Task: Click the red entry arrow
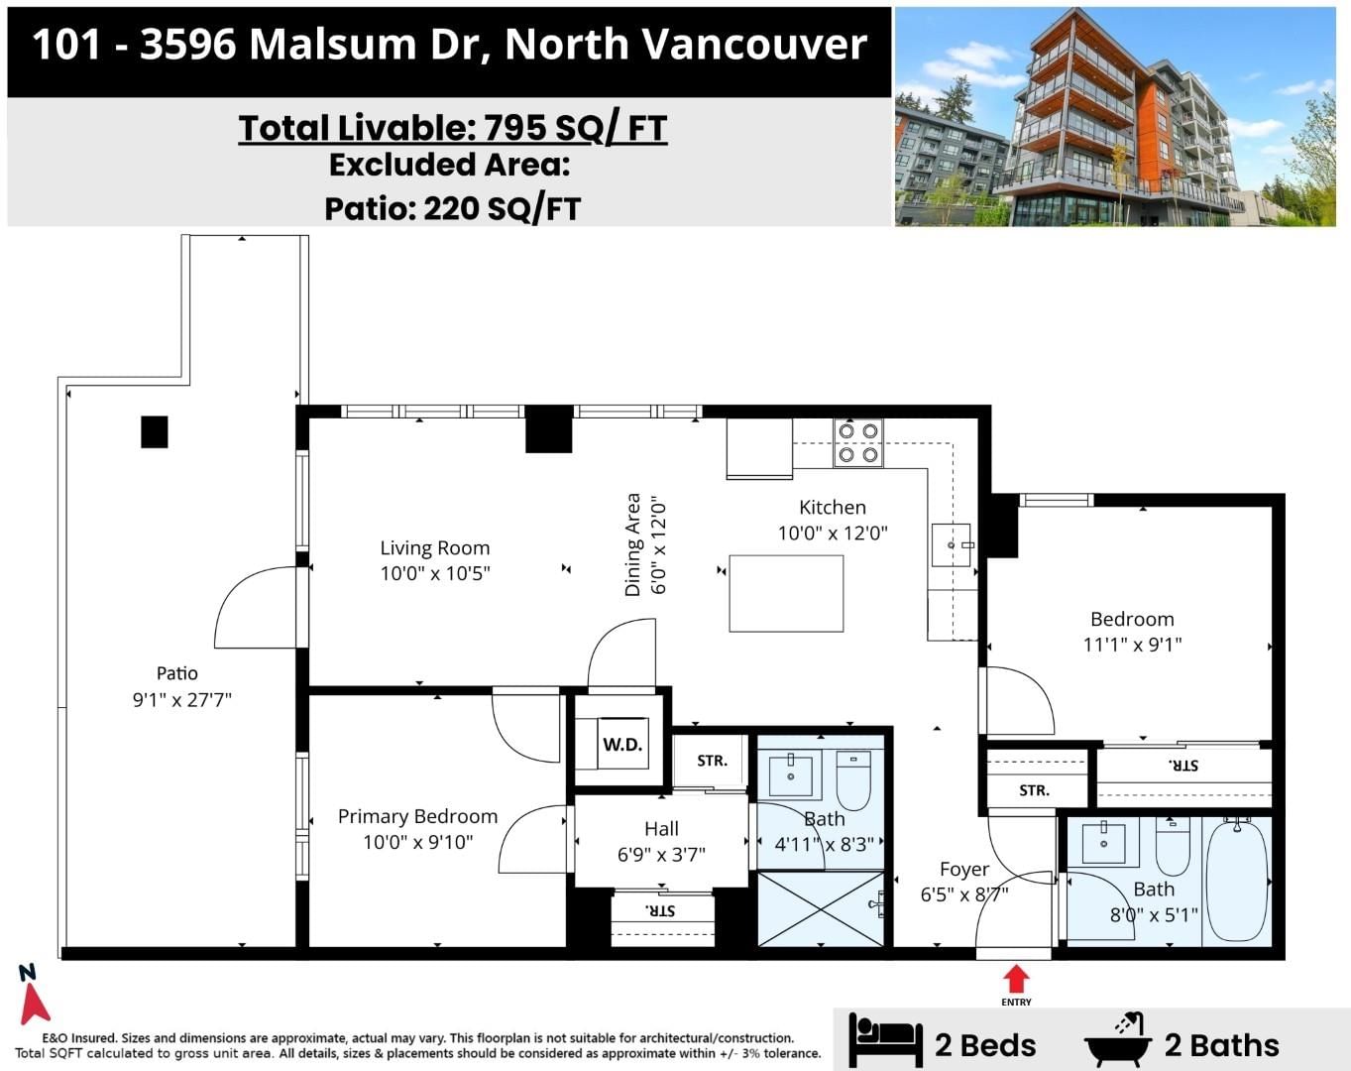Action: point(1016,980)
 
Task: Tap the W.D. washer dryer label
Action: point(622,745)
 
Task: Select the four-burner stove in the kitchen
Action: point(858,443)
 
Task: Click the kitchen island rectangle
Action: point(786,593)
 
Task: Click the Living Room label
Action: point(435,547)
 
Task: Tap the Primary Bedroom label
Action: point(417,816)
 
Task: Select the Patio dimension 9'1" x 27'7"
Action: point(182,699)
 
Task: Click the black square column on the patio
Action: point(155,432)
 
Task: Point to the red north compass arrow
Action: point(34,1004)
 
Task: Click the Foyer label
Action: point(964,870)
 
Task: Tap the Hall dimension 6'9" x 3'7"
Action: point(662,854)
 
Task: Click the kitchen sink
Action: point(952,544)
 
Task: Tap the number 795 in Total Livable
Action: point(514,128)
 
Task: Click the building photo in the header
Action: point(1115,116)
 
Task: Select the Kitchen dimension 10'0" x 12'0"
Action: point(833,534)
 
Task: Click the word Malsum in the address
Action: point(333,45)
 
